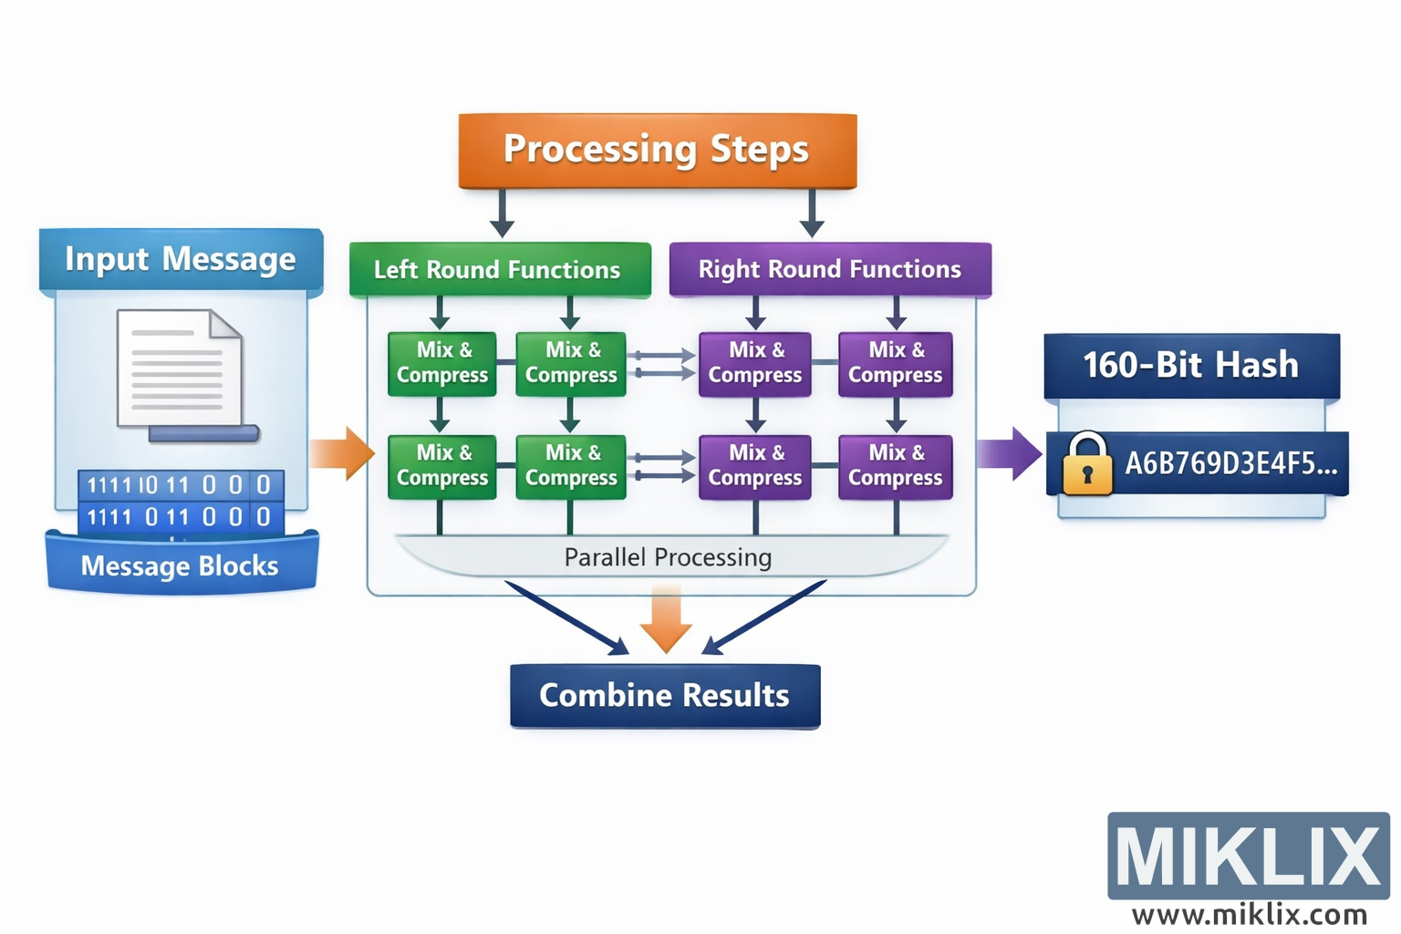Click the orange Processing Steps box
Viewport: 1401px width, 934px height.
click(657, 150)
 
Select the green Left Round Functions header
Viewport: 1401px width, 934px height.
click(499, 270)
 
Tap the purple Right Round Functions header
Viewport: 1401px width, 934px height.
click(829, 270)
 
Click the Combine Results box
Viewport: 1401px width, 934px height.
click(665, 696)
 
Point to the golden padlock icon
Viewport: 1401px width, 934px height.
click(1087, 464)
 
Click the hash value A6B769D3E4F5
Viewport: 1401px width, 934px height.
click(1230, 464)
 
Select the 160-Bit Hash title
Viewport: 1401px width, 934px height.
click(1190, 366)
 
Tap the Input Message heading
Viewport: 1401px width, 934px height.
click(181, 260)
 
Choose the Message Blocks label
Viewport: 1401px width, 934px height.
click(180, 566)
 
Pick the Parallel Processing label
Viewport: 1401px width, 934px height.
click(668, 557)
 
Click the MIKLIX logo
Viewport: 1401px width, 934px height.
click(1248, 856)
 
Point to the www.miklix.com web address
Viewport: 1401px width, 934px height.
click(1249, 914)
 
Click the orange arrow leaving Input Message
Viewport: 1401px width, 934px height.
click(342, 452)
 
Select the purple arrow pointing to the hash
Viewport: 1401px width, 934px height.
click(1010, 453)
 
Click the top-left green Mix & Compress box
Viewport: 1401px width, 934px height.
click(442, 364)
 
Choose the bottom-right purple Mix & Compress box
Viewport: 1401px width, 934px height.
click(895, 467)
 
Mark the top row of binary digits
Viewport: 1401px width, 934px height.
click(180, 484)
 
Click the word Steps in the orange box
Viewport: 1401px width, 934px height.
click(759, 149)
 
